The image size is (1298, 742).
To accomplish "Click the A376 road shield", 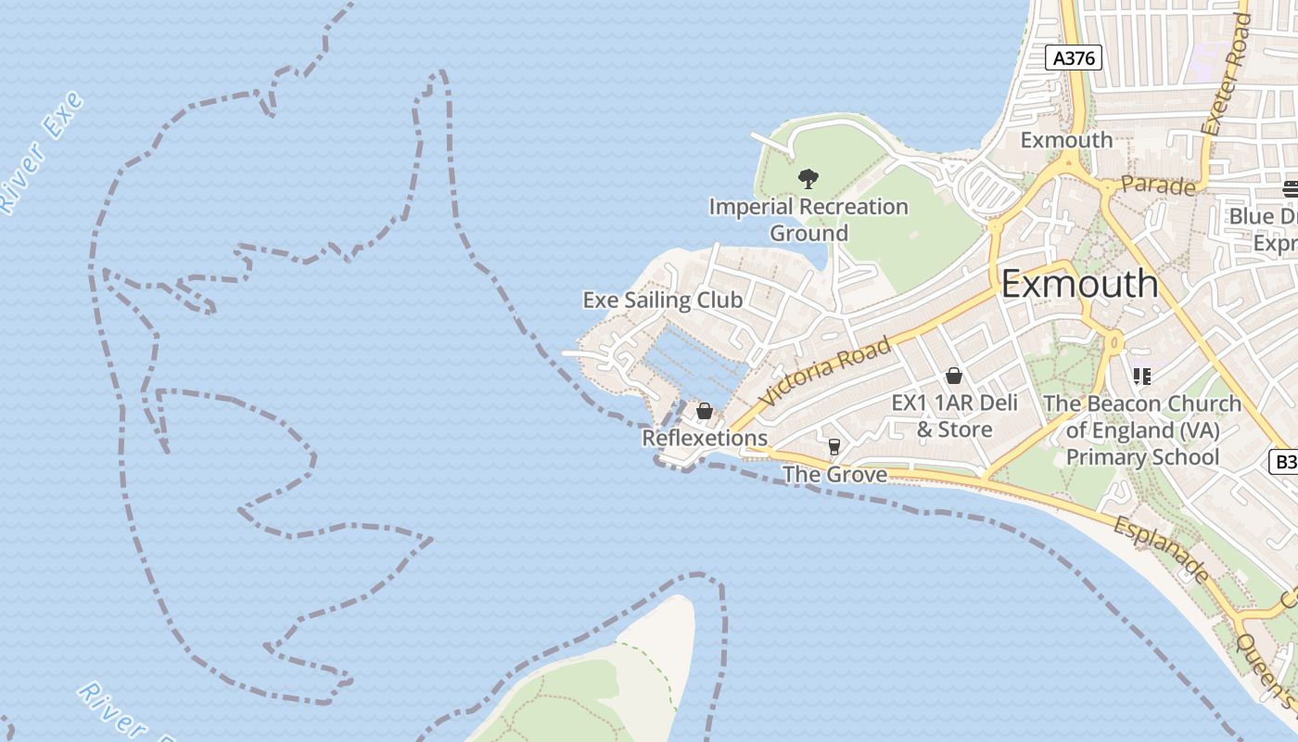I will (x=1075, y=58).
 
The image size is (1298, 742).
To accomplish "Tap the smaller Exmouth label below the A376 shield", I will (x=1066, y=140).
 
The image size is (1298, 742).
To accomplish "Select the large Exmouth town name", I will (x=1080, y=284).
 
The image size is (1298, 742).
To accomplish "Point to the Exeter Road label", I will (x=1225, y=74).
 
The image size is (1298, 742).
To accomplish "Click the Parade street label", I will (x=1158, y=185).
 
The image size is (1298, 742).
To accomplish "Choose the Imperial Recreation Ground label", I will (x=808, y=219).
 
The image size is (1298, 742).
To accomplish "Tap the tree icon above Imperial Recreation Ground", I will (x=808, y=178).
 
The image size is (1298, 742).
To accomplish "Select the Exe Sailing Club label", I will (x=662, y=300).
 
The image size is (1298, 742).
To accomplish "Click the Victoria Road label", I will (x=824, y=371).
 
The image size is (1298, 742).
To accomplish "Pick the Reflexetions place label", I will (x=705, y=438).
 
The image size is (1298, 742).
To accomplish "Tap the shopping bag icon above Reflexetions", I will (x=705, y=411).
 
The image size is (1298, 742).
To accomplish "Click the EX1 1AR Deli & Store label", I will (x=954, y=416).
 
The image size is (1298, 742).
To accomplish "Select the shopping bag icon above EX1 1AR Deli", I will (x=953, y=376).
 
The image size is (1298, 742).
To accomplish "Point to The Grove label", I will (x=834, y=475).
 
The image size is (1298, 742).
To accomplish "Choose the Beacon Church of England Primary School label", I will (x=1142, y=430).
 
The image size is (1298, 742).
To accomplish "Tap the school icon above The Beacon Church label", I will (x=1142, y=376).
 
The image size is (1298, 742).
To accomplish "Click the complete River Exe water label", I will (x=42, y=154).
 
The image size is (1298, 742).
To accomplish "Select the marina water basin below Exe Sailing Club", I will (x=695, y=366).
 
